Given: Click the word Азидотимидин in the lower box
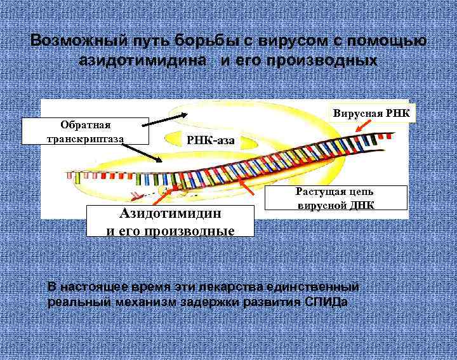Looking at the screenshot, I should tap(171, 214).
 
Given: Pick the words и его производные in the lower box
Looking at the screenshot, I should tap(171, 229).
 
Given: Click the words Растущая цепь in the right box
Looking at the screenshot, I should tap(336, 192).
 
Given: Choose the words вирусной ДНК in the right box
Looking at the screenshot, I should tap(336, 205).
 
